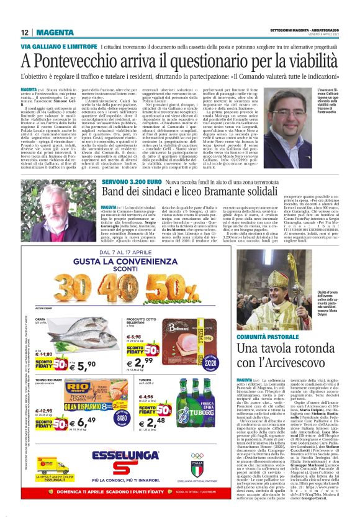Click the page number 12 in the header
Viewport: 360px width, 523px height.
[x=24, y=32]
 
